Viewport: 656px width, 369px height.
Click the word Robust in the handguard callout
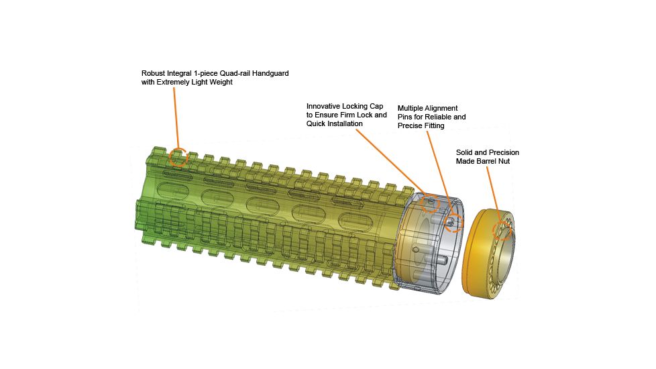153,73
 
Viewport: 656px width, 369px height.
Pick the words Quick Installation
335,124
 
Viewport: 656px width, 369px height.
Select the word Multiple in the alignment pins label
410,109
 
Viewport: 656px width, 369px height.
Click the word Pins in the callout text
405,117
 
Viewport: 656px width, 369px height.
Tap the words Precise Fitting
421,126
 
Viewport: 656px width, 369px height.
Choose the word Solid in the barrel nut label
464,153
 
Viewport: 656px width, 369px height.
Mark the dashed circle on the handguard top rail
178,157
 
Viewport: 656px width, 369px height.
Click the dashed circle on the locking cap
430,204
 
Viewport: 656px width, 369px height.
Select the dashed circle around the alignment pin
454,222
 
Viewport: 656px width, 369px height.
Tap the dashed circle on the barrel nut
502,231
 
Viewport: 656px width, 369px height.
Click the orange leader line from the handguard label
176,117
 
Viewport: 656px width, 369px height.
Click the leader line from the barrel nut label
493,194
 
